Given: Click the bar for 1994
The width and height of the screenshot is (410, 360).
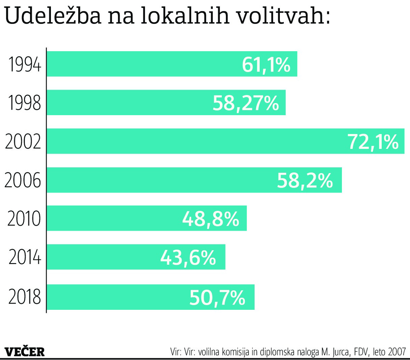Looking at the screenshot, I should (143, 64).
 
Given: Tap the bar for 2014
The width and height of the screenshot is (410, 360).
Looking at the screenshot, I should (102, 257).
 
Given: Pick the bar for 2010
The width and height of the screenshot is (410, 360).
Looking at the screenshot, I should (113, 218).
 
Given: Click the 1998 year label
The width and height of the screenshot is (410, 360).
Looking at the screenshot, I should (24, 103).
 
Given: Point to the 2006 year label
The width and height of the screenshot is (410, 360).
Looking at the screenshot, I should (23, 180).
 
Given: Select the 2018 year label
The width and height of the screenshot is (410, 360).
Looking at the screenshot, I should (24, 296).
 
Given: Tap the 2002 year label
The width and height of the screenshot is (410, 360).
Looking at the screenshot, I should (23, 141).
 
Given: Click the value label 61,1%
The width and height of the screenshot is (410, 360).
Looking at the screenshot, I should (266, 65).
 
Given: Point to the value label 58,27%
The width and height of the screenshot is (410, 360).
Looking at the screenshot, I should (246, 103).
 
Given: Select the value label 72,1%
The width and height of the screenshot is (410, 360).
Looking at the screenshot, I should (373, 142).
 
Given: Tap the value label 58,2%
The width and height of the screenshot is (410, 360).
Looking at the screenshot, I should (304, 180).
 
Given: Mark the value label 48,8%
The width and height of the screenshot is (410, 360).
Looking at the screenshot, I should (210, 219).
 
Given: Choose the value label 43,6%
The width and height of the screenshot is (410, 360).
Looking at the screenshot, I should (188, 258).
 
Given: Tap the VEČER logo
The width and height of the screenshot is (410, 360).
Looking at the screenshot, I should (25, 351).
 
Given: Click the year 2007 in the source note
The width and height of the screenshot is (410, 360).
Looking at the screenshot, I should (397, 352).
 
